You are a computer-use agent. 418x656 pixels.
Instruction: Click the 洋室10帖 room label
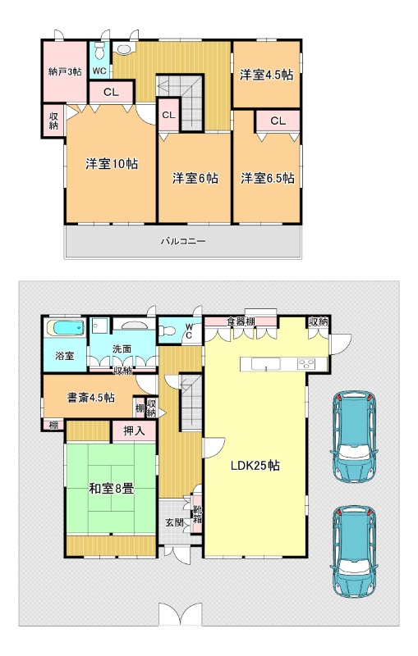(112, 164)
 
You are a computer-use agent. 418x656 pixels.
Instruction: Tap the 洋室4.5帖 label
(266, 75)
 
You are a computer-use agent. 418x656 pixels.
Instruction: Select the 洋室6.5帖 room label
(267, 178)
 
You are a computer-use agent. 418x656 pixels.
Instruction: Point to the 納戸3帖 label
(65, 72)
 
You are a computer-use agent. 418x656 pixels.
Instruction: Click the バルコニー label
(183, 241)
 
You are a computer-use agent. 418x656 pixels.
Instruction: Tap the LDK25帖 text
(255, 465)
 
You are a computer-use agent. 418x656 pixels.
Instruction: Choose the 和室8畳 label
(112, 488)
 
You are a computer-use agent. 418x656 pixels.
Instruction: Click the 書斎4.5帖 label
(91, 398)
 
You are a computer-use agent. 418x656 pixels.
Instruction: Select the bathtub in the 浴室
(66, 328)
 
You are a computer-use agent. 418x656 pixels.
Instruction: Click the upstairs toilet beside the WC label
(99, 52)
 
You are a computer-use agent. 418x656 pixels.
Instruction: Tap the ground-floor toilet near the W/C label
(168, 331)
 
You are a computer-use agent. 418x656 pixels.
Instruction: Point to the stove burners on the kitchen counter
(306, 364)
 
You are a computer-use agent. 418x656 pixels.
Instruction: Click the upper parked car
(354, 436)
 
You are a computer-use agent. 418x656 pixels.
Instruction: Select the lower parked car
(354, 550)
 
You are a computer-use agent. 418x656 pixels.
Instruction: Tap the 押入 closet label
(134, 431)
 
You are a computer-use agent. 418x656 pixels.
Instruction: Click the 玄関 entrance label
(175, 522)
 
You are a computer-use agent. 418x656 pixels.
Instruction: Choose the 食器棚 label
(241, 321)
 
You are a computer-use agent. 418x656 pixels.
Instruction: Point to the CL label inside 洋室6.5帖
(278, 121)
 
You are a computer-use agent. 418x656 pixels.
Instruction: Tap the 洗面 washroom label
(122, 349)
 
